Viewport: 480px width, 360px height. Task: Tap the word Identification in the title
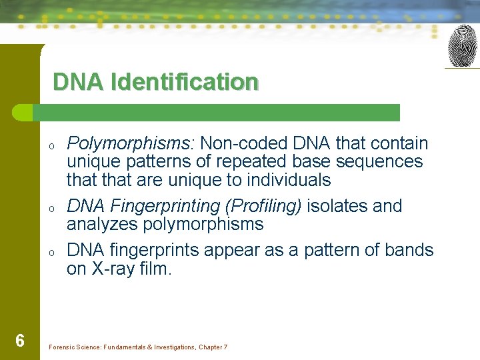point(185,82)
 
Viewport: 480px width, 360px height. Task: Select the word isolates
point(338,206)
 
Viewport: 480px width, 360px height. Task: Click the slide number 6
point(20,341)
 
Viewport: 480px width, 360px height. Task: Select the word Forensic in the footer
point(62,347)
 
